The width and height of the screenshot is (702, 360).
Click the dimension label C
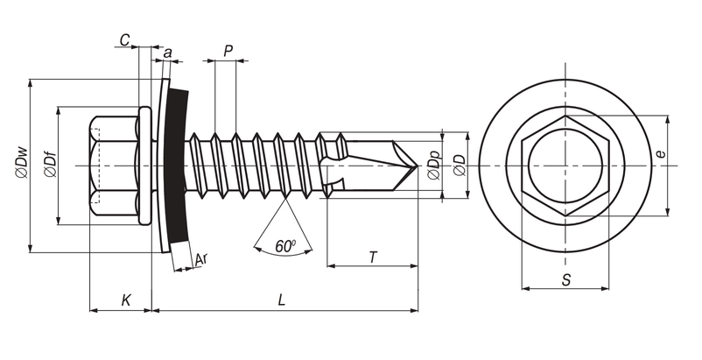coord(125,39)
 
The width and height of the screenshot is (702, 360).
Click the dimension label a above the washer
coord(166,53)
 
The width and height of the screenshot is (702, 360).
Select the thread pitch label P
coord(228,51)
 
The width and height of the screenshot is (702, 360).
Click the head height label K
coord(126,300)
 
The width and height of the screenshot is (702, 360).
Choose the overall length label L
coord(281,300)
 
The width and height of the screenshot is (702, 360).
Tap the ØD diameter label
coord(458,166)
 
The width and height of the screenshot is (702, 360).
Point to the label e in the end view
coord(661,155)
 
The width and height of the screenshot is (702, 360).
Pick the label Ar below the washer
coord(200,259)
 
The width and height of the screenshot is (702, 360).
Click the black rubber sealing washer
coord(178,166)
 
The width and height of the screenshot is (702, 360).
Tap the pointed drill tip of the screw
coord(412,166)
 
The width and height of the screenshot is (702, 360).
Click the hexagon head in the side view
coord(114,166)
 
